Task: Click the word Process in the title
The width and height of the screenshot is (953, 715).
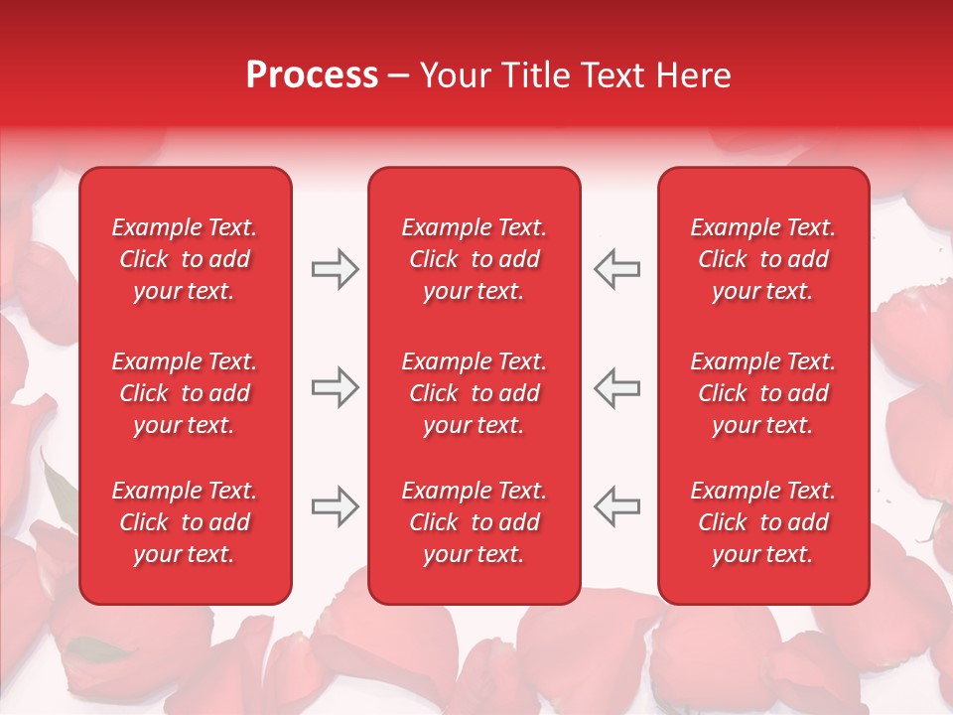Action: click(x=312, y=75)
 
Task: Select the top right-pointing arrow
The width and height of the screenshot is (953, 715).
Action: click(x=335, y=269)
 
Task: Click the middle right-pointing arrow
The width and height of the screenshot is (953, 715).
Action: click(x=335, y=387)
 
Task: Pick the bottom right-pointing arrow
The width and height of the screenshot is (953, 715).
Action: click(x=335, y=506)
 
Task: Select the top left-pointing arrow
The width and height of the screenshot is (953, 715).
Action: click(x=617, y=269)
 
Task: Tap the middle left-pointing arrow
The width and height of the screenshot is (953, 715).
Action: click(x=617, y=387)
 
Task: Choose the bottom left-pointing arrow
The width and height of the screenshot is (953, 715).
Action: click(x=617, y=506)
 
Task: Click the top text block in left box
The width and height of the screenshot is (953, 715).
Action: click(x=185, y=259)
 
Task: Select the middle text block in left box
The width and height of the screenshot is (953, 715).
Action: click(x=185, y=393)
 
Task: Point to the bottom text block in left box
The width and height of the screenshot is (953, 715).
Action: click(x=185, y=522)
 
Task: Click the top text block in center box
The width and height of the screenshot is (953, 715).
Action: click(x=474, y=259)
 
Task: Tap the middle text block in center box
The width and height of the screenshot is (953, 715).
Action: click(x=474, y=393)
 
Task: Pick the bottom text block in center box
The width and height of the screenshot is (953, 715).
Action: click(x=474, y=522)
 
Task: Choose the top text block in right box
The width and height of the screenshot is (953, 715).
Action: click(x=762, y=259)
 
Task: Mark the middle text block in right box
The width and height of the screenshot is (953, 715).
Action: click(x=762, y=393)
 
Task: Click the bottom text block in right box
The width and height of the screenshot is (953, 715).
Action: click(x=762, y=522)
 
